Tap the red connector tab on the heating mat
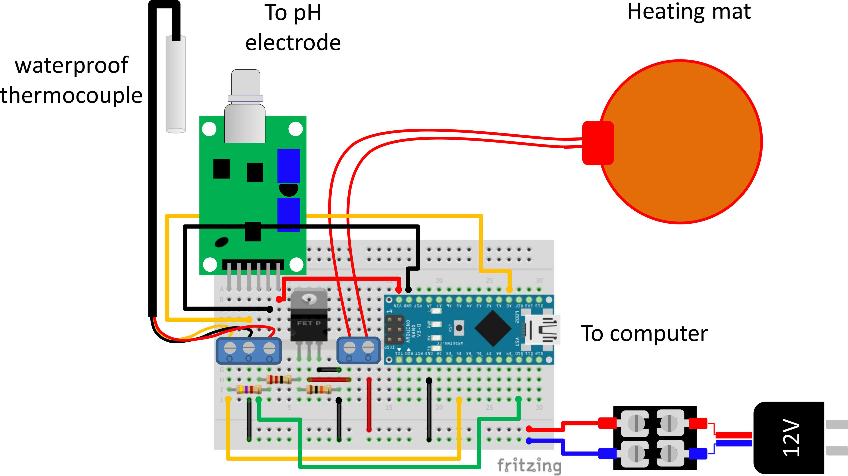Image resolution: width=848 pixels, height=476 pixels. click(x=597, y=143)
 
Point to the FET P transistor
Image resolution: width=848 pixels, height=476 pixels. click(x=309, y=316)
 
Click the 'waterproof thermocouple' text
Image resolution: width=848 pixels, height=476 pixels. click(x=71, y=80)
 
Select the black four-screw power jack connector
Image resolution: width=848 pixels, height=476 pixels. click(x=654, y=437)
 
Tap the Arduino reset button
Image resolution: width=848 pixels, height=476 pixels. click(x=459, y=328)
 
